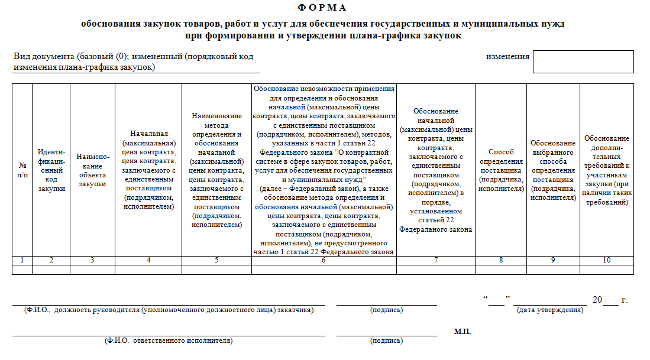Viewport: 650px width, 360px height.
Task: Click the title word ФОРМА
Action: (324, 8)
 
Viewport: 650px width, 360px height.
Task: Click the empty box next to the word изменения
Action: (583, 61)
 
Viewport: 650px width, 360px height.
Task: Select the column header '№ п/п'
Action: (22, 171)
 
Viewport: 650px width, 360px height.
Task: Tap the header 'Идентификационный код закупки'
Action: (51, 171)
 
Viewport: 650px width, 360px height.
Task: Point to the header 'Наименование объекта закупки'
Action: (92, 171)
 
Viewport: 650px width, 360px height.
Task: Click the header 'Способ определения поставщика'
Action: (501, 170)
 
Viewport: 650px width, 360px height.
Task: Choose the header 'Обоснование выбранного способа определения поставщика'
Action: (552, 170)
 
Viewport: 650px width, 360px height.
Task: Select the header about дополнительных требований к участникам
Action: (606, 170)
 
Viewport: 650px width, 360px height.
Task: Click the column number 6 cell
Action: (324, 261)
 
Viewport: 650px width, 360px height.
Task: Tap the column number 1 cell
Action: (22, 261)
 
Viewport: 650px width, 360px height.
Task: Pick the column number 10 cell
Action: (606, 261)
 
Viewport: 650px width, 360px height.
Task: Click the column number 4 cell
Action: (148, 261)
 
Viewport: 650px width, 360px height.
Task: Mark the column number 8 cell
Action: (501, 261)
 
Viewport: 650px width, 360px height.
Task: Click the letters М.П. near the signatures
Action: (463, 332)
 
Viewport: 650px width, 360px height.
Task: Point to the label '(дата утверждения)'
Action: (549, 310)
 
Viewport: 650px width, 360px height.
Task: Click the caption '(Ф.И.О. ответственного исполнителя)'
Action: (169, 340)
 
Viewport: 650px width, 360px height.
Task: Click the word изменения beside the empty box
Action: (507, 57)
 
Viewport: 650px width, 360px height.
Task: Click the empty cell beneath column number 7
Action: (435, 270)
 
